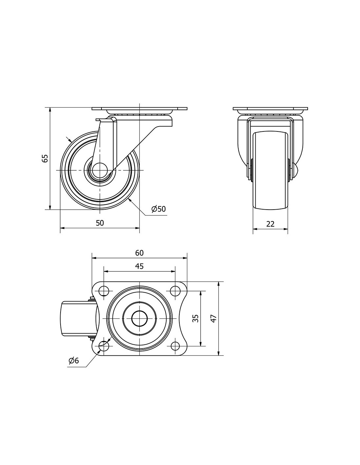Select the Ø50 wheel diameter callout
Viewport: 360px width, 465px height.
(158, 209)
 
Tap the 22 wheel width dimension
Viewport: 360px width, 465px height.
(270, 224)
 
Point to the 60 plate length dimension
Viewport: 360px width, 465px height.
(139, 253)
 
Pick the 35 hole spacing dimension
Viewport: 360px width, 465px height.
(195, 318)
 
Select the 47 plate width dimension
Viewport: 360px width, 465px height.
(214, 318)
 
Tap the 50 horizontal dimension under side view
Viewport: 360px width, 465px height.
(100, 223)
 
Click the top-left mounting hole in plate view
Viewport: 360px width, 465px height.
(104, 291)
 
